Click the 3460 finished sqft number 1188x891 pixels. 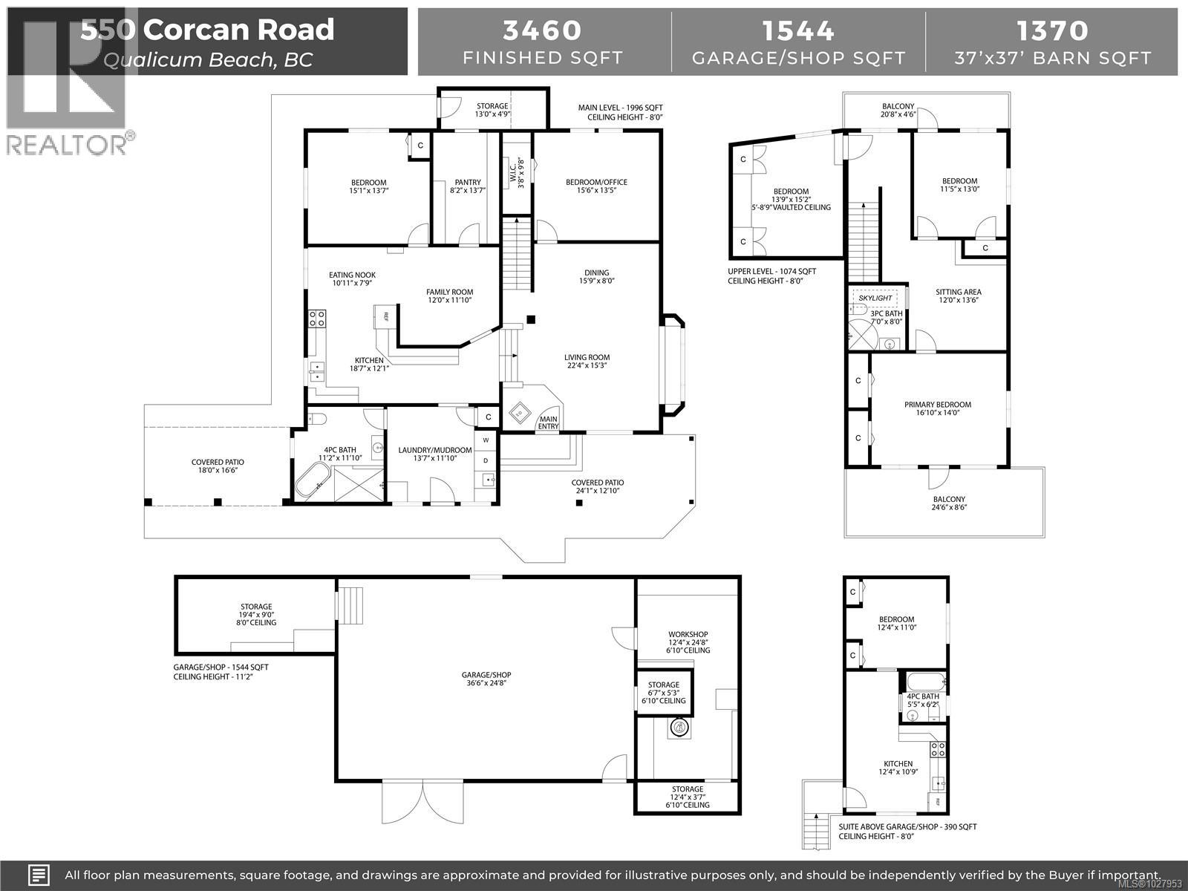click(x=542, y=30)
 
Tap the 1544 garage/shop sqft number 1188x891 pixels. click(x=798, y=30)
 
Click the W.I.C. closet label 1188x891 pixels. click(x=518, y=173)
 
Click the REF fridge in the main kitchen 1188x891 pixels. click(x=385, y=317)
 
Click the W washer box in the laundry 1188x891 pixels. click(x=486, y=440)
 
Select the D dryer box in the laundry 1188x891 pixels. click(x=486, y=460)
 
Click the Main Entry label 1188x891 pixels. click(x=548, y=422)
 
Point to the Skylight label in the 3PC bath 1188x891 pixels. click(x=875, y=298)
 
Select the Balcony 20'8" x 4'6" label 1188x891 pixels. click(x=898, y=111)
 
